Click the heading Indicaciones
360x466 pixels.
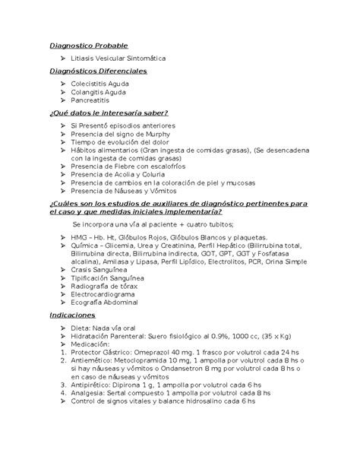tap(71, 313)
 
